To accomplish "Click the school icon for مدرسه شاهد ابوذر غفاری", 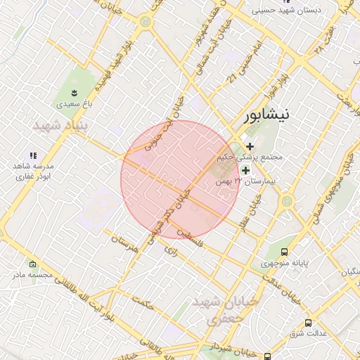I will point(32,155).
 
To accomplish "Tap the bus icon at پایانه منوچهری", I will point(284,252).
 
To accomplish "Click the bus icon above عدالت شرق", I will point(308,323).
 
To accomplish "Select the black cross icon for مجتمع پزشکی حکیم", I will point(250,146).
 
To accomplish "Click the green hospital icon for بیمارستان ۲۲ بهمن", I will point(245,170).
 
